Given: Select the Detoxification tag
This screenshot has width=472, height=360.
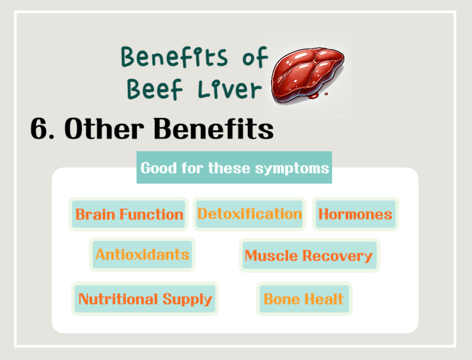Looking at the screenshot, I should (249, 214).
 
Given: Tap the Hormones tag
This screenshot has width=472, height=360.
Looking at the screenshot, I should (355, 214).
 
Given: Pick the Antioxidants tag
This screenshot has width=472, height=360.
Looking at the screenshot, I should (142, 254).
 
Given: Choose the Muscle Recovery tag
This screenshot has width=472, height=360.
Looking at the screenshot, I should (309, 255).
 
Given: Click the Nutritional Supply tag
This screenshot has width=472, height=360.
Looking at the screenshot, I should (145, 299).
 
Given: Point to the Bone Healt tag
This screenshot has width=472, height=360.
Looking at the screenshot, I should (304, 299).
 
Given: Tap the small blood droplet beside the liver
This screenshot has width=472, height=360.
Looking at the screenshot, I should (326, 94).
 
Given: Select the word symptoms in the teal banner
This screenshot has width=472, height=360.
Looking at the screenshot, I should (292, 168).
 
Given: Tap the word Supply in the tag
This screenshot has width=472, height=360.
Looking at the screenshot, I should (187, 299).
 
